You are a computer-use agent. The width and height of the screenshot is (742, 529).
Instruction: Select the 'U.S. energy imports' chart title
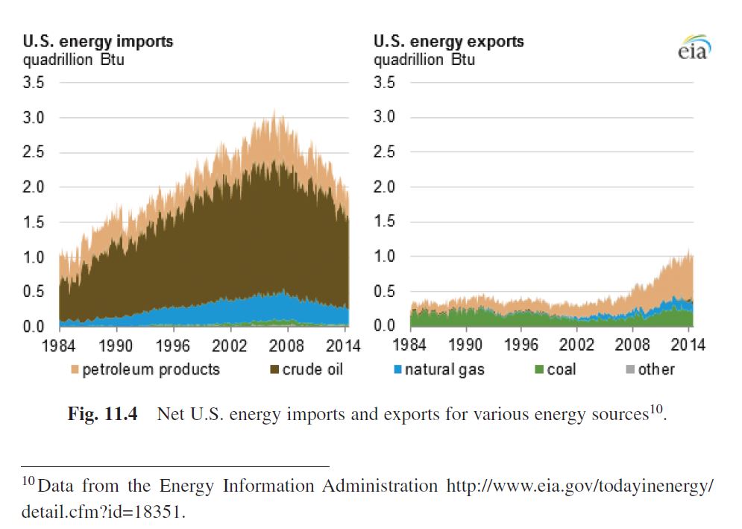point(98,42)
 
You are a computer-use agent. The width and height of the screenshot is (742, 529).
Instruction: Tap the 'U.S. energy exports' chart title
point(448,42)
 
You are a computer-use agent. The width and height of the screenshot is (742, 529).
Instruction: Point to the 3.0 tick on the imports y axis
point(35,118)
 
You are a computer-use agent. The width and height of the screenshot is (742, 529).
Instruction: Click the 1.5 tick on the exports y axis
point(385,222)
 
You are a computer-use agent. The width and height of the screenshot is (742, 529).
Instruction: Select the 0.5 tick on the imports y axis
point(35,292)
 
